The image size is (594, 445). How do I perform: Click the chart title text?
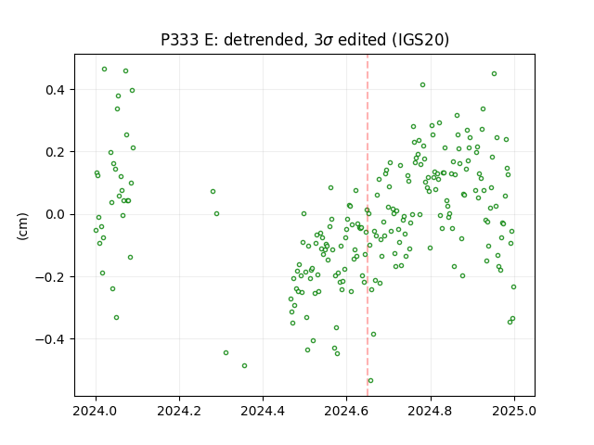click(305, 40)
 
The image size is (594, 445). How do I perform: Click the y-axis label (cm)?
click(22, 226)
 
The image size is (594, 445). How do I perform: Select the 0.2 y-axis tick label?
click(56, 152)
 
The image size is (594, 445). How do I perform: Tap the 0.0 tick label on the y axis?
click(56, 214)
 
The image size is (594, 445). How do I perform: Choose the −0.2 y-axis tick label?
click(50, 277)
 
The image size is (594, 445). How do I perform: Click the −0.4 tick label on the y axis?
click(50, 339)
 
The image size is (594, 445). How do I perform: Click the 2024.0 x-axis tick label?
click(96, 411)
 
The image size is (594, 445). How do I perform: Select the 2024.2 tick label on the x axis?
click(179, 411)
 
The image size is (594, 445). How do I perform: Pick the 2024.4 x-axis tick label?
click(263, 411)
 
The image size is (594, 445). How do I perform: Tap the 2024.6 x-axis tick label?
click(346, 411)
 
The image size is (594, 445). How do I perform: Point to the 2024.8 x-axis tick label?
click(431, 411)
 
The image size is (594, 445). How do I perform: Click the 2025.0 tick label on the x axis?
click(514, 411)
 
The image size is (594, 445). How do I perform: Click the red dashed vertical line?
click(368, 225)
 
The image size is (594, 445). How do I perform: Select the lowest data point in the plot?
click(370, 381)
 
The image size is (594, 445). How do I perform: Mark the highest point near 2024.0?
click(104, 70)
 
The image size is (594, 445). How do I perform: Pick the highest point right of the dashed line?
click(494, 74)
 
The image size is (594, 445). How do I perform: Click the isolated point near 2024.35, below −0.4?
click(244, 366)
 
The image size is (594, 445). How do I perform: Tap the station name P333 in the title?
click(180, 40)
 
